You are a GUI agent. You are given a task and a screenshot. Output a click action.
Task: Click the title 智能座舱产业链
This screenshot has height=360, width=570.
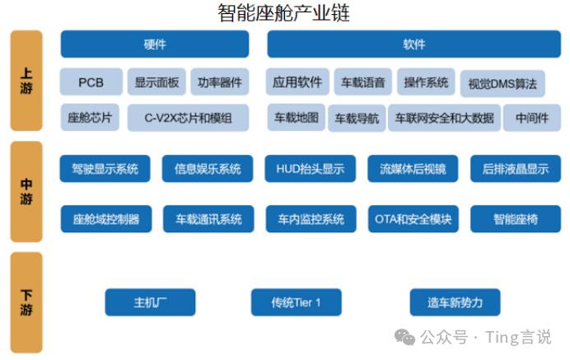[x=283, y=13]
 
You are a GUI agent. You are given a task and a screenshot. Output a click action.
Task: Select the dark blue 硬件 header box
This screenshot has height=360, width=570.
[x=155, y=44]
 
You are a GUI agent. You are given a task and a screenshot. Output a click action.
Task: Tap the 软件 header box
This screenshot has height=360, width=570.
[x=414, y=44]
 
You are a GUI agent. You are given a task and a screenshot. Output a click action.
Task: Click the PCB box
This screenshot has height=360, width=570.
[x=91, y=82]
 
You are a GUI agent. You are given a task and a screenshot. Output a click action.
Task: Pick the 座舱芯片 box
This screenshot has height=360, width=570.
[x=90, y=118]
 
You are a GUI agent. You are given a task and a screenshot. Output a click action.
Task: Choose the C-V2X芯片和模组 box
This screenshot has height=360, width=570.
[x=188, y=118]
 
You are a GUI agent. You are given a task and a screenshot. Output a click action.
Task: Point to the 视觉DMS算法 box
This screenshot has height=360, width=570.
[x=502, y=84]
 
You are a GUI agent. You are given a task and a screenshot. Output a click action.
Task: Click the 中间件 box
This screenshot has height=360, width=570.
[x=532, y=118]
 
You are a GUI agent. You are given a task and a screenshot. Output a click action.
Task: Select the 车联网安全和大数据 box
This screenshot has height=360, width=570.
[x=444, y=118]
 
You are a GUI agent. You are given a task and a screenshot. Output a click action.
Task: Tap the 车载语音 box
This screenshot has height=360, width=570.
[x=362, y=82]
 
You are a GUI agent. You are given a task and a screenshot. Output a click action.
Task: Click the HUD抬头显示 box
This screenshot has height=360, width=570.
[x=310, y=169]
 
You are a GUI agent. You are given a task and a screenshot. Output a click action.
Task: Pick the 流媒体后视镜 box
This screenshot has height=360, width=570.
[x=413, y=169]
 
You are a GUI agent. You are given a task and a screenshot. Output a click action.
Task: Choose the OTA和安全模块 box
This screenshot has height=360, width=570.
[x=413, y=219]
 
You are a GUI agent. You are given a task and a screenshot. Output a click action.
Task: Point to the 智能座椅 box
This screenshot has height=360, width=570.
[x=516, y=219]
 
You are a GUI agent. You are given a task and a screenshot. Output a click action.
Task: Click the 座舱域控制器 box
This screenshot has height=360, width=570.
[x=106, y=219]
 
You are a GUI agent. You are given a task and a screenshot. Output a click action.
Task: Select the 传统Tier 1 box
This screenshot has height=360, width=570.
[x=297, y=302]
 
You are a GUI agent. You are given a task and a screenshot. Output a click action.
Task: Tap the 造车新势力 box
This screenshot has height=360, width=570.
[x=456, y=302]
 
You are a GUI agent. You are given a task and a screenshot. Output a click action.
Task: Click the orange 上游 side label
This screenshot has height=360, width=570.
[x=26, y=81]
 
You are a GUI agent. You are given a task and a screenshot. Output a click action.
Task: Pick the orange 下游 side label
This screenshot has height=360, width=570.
[x=26, y=302]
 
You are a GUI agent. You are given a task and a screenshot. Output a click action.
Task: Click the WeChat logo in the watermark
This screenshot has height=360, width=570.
[x=404, y=337]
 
